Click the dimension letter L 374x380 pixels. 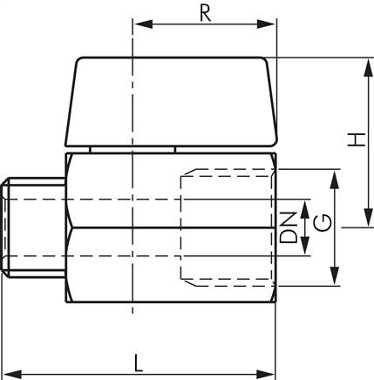(x=139, y=361)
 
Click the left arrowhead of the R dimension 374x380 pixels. (x=139, y=25)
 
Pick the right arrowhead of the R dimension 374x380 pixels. (x=270, y=25)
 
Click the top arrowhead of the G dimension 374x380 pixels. (x=334, y=177)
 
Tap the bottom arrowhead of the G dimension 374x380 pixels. (x=334, y=280)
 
